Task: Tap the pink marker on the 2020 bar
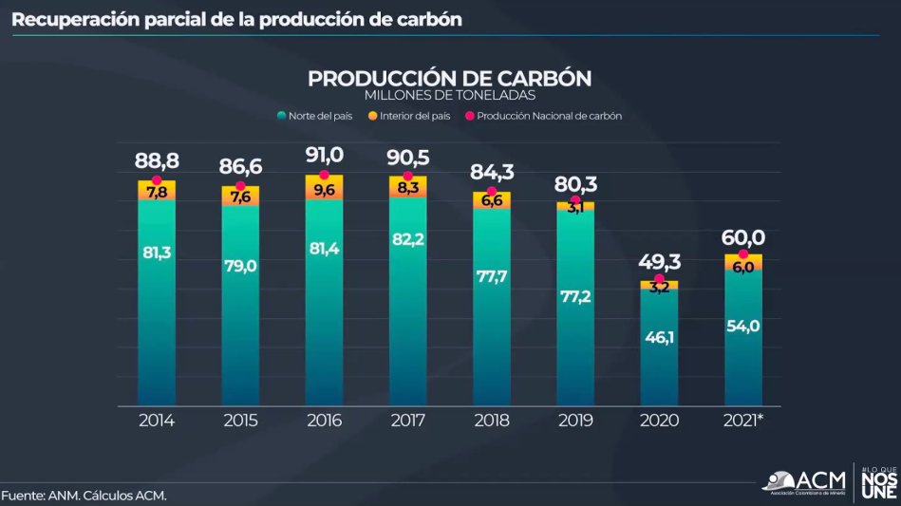pyautogui.click(x=659, y=279)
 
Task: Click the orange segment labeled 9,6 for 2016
pyautogui.click(x=324, y=190)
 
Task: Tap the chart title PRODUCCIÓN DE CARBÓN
pyautogui.click(x=450, y=78)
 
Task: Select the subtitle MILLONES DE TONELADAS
pyautogui.click(x=450, y=96)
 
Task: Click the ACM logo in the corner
pyautogui.click(x=805, y=480)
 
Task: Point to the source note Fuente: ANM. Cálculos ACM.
pyautogui.click(x=84, y=496)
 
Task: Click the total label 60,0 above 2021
pyautogui.click(x=743, y=237)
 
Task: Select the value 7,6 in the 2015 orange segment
pyautogui.click(x=240, y=197)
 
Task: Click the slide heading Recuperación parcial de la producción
pyautogui.click(x=237, y=19)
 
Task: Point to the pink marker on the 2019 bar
pyautogui.click(x=575, y=200)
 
